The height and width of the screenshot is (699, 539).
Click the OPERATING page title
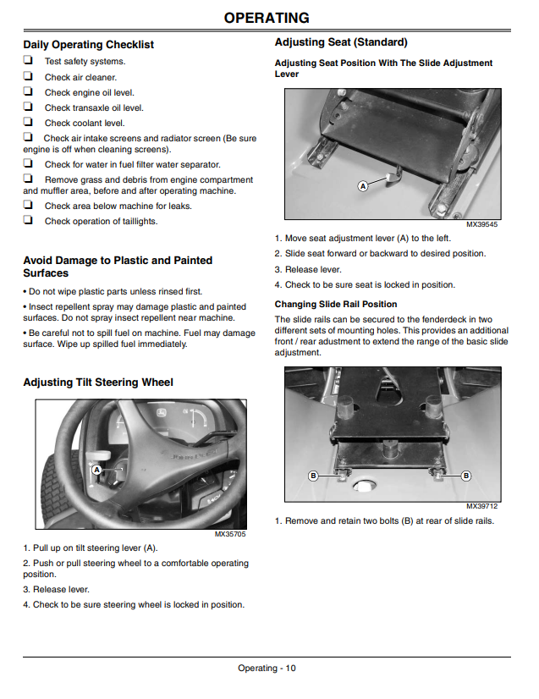tap(267, 18)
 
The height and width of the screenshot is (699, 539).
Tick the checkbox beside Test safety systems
tap(28, 60)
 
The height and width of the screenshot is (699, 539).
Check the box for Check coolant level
tap(28, 121)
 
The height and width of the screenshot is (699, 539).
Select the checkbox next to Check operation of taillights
tap(28, 219)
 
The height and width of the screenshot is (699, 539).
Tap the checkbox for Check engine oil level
tap(28, 91)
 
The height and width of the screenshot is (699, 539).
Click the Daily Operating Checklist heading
tap(88, 45)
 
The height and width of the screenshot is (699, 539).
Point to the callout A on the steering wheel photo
tap(96, 470)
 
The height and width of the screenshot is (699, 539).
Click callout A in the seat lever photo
tap(363, 186)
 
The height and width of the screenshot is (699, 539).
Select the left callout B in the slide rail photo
tap(313, 476)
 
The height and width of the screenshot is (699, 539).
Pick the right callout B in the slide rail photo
tap(466, 476)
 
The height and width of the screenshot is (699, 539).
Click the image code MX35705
tap(230, 534)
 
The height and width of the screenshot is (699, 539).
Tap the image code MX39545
tap(482, 224)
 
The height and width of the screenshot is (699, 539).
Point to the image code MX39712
tap(482, 506)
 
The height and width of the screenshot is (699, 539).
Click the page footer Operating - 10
tap(267, 668)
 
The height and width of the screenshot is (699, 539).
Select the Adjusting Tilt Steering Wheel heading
tap(98, 383)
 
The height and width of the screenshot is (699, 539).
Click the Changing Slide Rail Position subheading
tap(336, 304)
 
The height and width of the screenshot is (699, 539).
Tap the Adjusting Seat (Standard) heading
tap(341, 42)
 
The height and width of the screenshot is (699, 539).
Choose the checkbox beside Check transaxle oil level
tap(28, 106)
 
